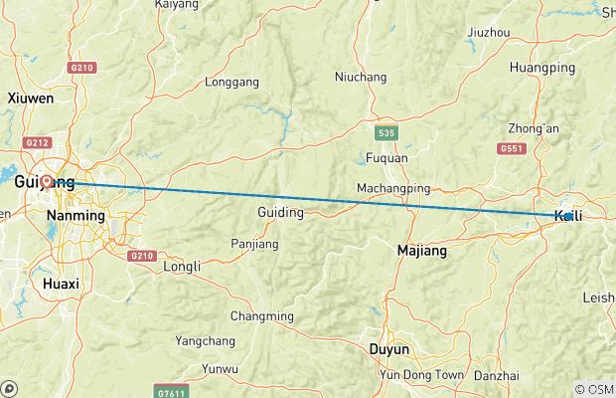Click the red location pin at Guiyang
pos(47,183)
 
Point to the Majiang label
pos(421,251)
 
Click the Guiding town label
pos(280,212)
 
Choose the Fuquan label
pos(385,157)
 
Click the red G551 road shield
pos(512,148)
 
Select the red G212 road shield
pos(38,142)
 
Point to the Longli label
pos(182,266)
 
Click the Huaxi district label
pos(62,284)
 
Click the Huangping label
pos(541,68)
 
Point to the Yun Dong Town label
pos(421,375)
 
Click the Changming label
pos(262,316)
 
